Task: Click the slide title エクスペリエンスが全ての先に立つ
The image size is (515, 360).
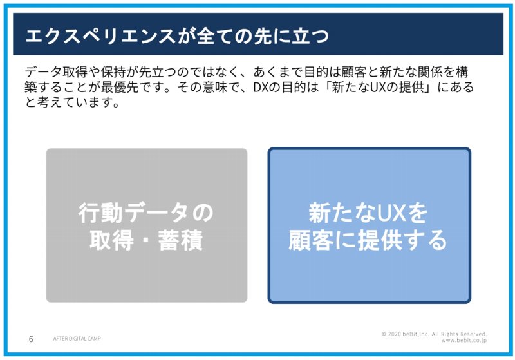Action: [x=177, y=35]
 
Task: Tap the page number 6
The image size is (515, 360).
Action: [x=31, y=339]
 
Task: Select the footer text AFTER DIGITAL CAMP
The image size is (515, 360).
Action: [x=77, y=338]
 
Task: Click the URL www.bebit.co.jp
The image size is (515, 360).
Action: [x=464, y=340]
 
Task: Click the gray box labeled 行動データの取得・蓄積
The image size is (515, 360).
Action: [x=147, y=225]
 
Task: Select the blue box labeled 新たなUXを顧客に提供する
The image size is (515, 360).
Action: [x=370, y=225]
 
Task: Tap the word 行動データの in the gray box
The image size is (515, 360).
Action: [x=145, y=213]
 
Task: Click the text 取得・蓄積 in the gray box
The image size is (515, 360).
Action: [x=146, y=240]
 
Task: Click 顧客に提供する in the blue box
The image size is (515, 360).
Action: [x=368, y=240]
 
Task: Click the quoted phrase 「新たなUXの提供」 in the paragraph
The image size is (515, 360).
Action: [x=375, y=88]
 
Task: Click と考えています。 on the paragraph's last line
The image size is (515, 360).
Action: [x=72, y=102]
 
